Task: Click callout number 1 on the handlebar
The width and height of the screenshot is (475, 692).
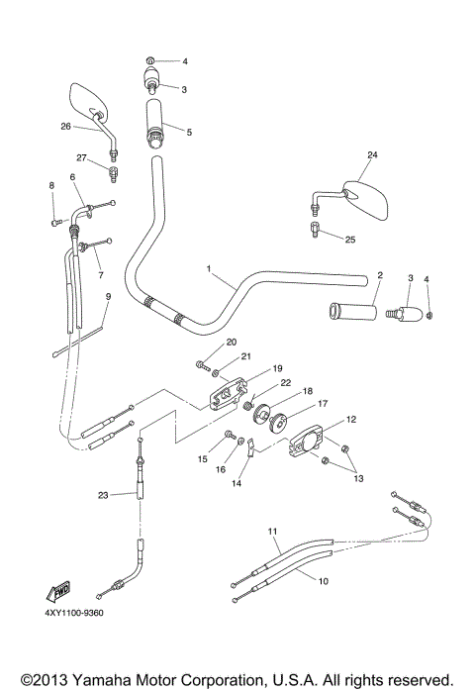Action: [209, 269]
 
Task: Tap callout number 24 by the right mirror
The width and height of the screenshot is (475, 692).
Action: [372, 155]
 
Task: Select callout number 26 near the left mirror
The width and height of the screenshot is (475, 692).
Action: [65, 126]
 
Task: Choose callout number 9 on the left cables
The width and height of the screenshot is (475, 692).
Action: [107, 296]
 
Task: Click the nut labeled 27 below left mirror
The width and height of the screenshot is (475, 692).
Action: [115, 174]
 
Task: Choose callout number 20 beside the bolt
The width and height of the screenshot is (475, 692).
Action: [232, 343]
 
